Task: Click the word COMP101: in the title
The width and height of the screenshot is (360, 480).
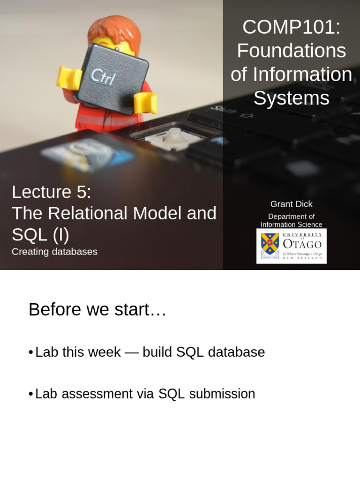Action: tap(291, 27)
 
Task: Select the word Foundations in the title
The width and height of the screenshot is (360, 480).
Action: tap(291, 51)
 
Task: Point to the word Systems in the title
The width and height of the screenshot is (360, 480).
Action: tap(291, 98)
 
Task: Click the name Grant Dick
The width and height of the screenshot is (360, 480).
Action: tap(291, 204)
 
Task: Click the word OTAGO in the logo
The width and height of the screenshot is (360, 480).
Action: tap(302, 244)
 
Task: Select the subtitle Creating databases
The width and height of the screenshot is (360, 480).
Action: tap(54, 252)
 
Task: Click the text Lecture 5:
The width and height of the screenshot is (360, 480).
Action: tap(52, 192)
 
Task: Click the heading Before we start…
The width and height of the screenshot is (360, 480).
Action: tap(97, 310)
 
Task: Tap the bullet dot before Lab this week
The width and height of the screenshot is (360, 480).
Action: tap(30, 352)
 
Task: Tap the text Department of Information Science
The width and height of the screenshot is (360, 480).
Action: tap(291, 220)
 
